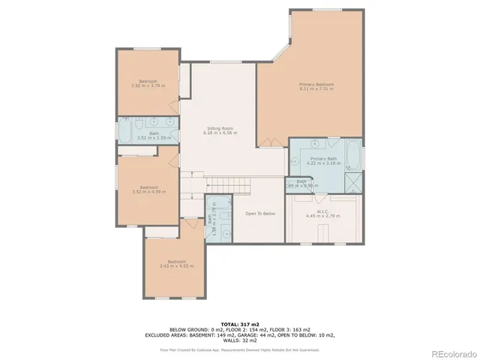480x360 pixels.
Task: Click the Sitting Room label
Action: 221,130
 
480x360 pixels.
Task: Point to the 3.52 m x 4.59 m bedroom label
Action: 148,189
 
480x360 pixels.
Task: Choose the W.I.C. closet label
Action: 323,214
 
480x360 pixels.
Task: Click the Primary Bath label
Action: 324,160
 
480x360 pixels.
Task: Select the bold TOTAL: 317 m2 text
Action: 240,323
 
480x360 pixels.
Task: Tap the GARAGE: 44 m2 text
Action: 259,335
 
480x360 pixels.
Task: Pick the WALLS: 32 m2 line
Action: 240,341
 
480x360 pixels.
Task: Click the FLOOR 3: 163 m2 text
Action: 271,329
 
